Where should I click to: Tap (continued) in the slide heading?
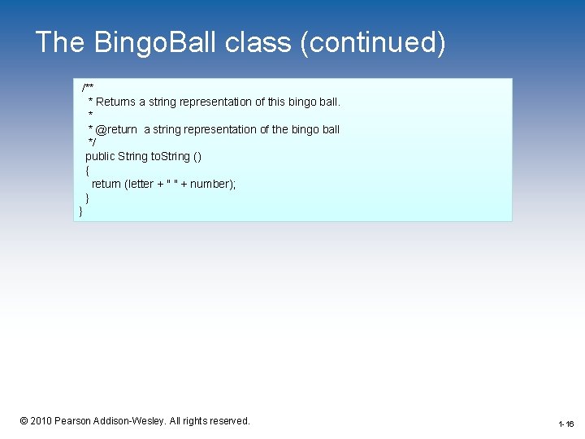[373, 42]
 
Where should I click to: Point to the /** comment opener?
[88, 88]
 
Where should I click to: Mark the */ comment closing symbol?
[92, 142]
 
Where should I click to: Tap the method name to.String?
[171, 156]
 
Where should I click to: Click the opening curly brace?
[87, 170]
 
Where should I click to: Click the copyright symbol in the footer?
[24, 421]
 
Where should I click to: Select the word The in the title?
[59, 42]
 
